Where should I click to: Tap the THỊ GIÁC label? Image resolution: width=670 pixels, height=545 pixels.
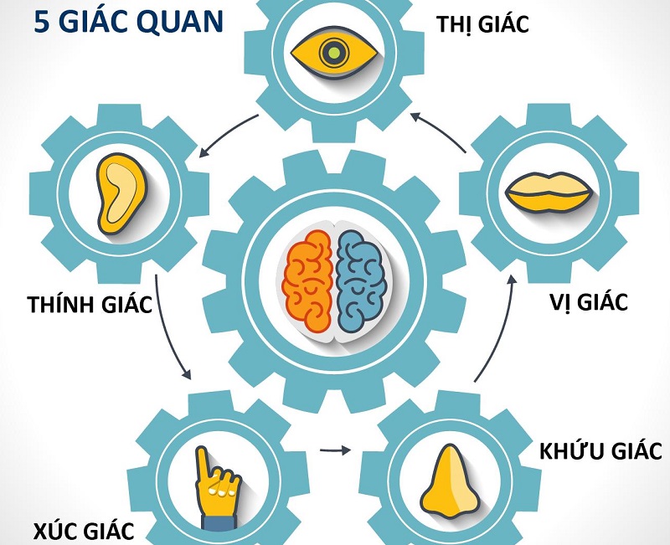pyautogui.click(x=482, y=25)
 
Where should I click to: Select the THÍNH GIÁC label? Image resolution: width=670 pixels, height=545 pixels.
pyautogui.click(x=89, y=303)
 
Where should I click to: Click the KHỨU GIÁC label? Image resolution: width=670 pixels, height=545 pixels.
pyautogui.click(x=601, y=452)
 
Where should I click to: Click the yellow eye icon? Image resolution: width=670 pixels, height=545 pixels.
pyautogui.click(x=334, y=54)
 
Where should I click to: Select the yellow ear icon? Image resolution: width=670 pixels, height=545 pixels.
pyautogui.click(x=119, y=185)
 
